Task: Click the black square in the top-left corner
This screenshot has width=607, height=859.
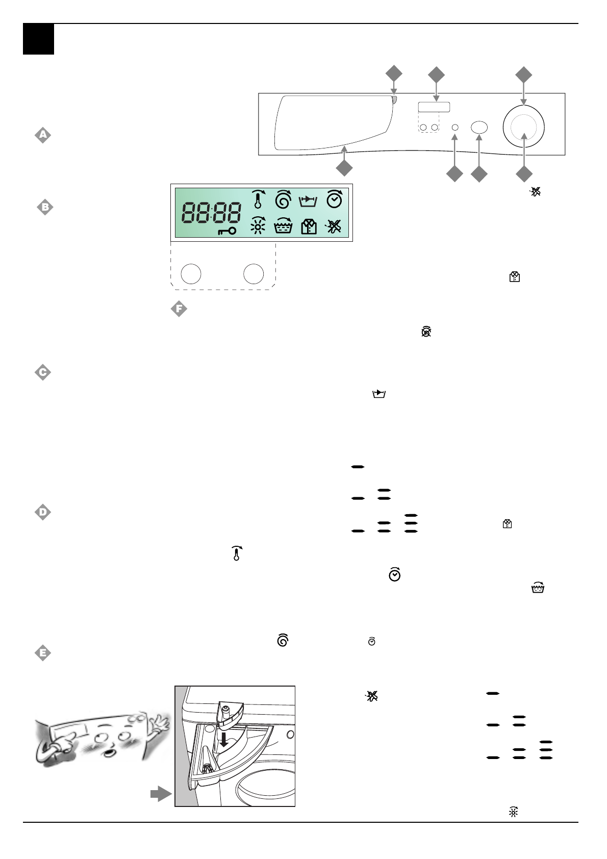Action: tap(38, 39)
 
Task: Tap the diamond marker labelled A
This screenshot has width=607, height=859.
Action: tap(43, 135)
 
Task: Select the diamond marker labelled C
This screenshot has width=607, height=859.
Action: tap(43, 372)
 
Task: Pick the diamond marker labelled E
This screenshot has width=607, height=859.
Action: tap(43, 653)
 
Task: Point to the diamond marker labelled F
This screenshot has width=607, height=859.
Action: tap(179, 309)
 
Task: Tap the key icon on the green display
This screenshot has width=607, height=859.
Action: tap(226, 231)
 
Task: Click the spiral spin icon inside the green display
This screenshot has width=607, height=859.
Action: tap(283, 199)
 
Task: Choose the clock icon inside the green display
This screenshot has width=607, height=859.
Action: tap(334, 199)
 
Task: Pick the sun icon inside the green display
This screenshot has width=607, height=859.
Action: tap(258, 225)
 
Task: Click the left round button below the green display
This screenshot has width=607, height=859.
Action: tap(191, 274)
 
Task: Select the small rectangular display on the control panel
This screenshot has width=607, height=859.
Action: tap(434, 107)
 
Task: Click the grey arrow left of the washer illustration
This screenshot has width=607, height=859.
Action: tap(161, 793)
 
